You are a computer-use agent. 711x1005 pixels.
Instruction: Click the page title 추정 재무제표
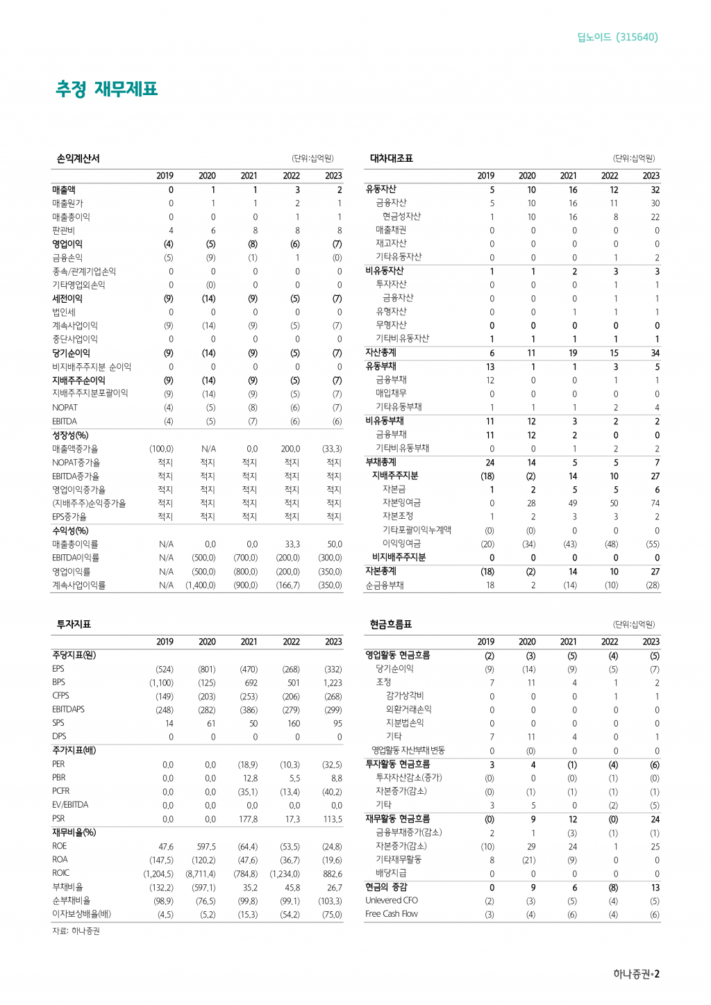click(107, 89)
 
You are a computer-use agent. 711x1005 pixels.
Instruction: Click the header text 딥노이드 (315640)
click(617, 37)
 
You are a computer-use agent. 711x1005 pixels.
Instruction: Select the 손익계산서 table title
click(78, 158)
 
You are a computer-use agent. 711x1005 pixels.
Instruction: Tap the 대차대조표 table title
click(391, 158)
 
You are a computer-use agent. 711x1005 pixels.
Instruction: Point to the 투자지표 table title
click(74, 624)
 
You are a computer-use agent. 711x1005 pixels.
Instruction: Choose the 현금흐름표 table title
click(391, 624)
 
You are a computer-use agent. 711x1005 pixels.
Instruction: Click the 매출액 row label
click(64, 190)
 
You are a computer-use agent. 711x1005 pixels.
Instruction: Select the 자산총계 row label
click(381, 352)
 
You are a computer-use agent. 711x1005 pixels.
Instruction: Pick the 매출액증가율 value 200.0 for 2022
click(290, 449)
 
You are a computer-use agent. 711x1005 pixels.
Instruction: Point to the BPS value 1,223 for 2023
click(331, 683)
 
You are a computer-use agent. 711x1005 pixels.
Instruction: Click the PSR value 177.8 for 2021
click(248, 820)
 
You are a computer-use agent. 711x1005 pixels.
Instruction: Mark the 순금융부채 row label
click(385, 585)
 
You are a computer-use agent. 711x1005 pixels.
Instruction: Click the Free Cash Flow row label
click(392, 914)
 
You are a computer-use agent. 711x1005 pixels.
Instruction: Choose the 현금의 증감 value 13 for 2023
click(655, 888)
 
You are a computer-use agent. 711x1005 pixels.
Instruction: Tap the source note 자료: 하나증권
click(76, 931)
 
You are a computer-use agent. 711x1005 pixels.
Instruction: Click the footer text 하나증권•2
click(636, 974)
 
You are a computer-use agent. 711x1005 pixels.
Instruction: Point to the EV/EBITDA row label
click(70, 805)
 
